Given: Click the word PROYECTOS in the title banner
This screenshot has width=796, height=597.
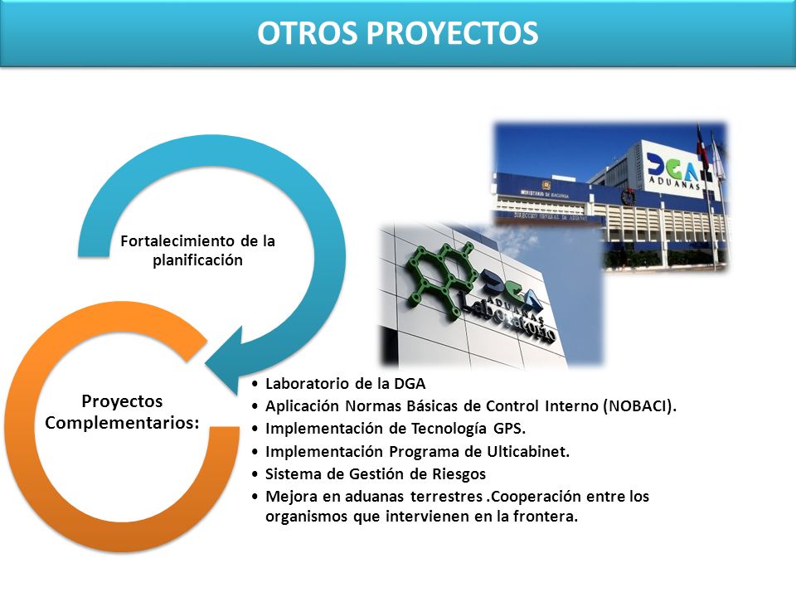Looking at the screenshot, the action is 453,33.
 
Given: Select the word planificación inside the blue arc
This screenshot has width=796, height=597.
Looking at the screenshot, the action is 198,260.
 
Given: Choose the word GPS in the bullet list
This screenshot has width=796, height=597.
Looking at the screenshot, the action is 507,429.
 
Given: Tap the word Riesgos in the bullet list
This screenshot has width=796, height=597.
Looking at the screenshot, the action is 459,474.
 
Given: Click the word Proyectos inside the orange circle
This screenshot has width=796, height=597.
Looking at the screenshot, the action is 122,401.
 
